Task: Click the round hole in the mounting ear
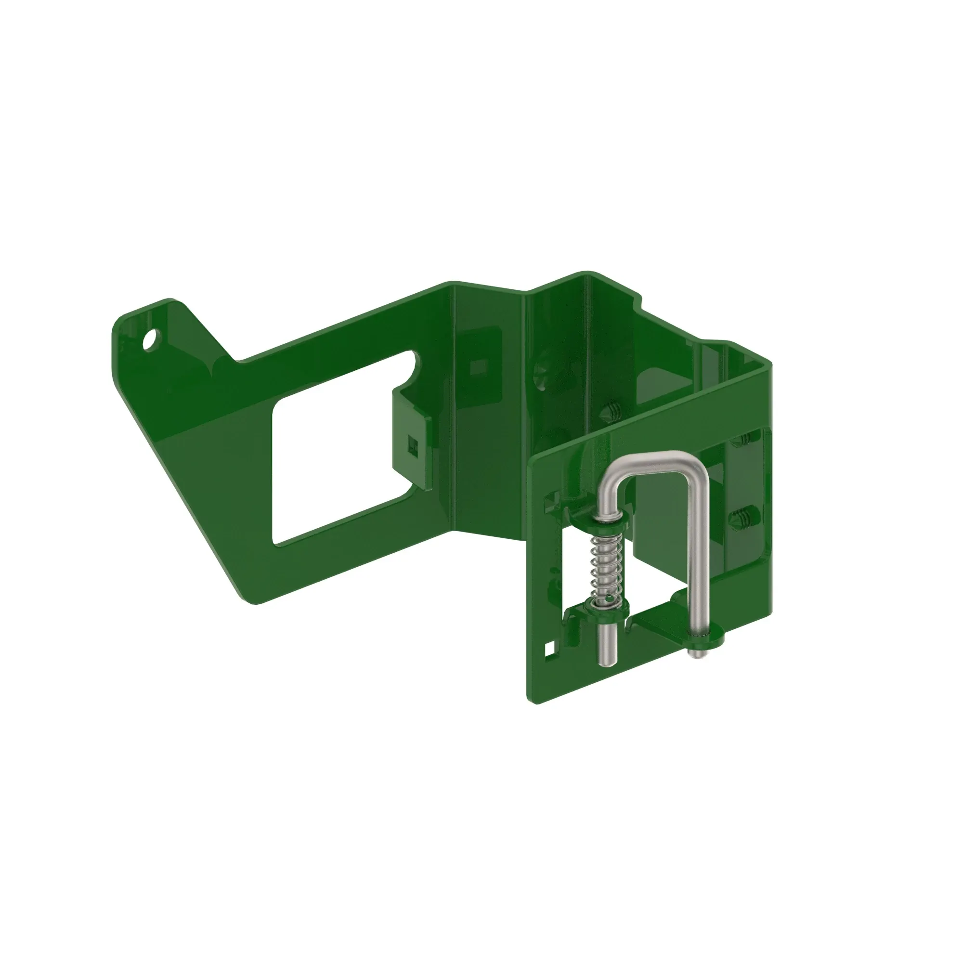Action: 150,340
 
